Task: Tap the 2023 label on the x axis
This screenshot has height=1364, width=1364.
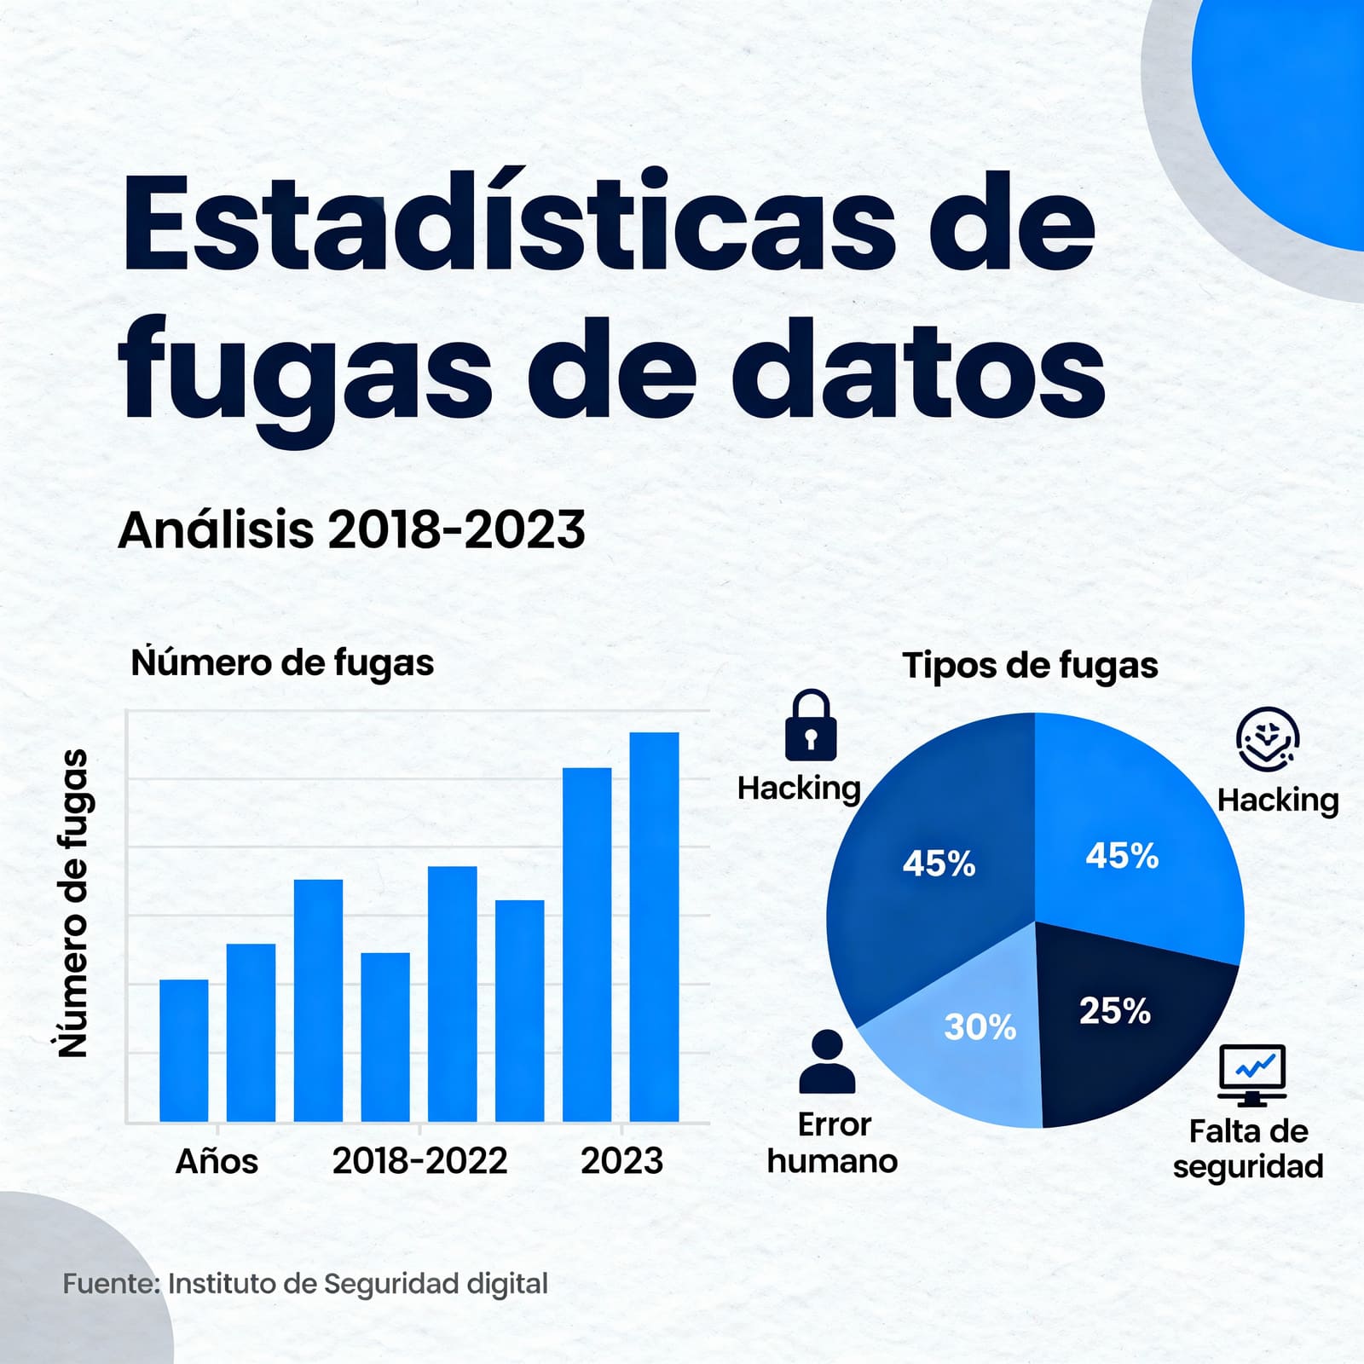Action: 621,1161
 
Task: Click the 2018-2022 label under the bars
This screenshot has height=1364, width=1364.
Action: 419,1161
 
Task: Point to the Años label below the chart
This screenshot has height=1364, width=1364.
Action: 217,1161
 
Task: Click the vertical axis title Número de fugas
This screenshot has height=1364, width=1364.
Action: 74,904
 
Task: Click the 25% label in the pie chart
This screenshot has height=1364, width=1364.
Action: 1114,1012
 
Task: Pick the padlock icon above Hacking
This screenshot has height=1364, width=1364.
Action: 810,725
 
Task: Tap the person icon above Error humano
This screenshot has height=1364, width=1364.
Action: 827,1061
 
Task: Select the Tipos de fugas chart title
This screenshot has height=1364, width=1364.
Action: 1030,665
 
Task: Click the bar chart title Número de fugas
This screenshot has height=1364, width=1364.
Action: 282,663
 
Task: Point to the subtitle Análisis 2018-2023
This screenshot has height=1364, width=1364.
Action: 351,529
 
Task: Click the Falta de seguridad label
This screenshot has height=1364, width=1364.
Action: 1248,1148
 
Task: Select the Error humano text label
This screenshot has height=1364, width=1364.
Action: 832,1143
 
